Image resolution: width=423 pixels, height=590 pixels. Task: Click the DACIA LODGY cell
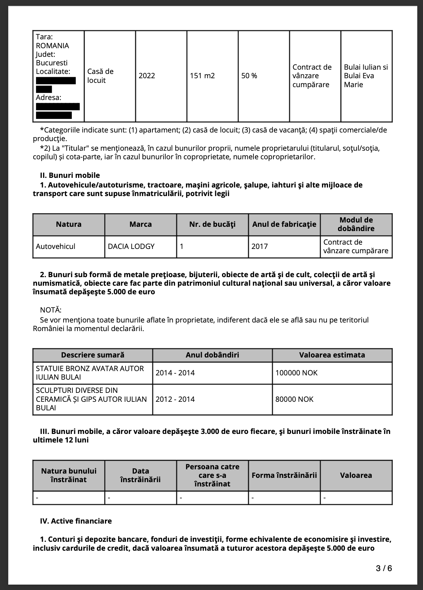pos(131,246)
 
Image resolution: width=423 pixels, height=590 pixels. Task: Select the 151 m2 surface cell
pos(202,76)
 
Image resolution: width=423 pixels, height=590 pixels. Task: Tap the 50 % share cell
pos(249,76)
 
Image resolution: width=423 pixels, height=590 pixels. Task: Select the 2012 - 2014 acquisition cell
pos(175,399)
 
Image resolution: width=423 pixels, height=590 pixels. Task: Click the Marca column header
pos(140,224)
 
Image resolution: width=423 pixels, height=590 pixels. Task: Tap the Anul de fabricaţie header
pos(284,224)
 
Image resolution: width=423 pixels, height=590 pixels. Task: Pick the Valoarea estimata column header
pos(332,355)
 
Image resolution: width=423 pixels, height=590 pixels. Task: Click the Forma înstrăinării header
pos(284,475)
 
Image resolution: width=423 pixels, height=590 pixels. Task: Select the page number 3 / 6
pos(384,568)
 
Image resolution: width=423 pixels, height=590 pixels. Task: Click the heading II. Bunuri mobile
pos(70,175)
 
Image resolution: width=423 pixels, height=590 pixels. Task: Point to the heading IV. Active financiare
pos(76,521)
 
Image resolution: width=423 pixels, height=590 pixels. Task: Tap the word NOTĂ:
pos(51,310)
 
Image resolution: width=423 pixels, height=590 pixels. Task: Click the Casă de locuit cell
pos(100,76)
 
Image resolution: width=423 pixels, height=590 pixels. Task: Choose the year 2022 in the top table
pos(147,76)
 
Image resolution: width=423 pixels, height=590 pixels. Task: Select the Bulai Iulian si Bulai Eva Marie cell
pos(366,76)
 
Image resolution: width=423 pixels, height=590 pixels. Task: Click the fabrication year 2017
pos(260,246)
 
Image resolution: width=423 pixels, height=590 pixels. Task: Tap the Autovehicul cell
pos(56,246)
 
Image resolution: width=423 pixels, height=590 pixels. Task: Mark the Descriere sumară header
pos(92,355)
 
